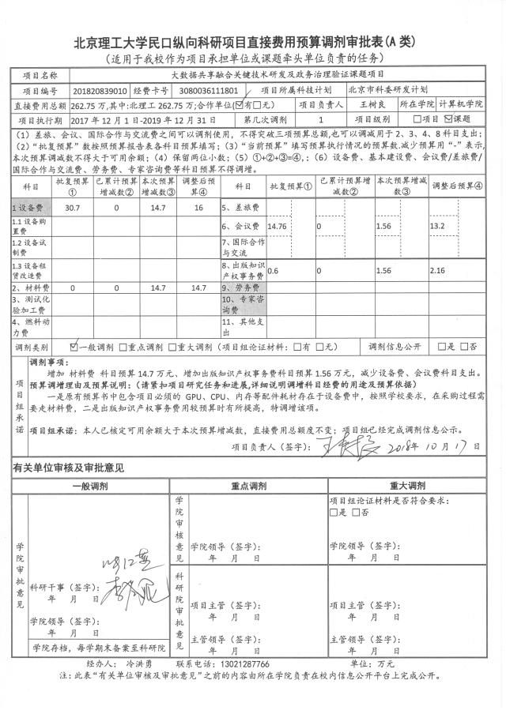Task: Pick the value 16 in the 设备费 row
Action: click(x=198, y=207)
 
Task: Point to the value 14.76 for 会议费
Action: click(x=278, y=226)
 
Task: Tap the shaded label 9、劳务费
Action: click(x=237, y=288)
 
